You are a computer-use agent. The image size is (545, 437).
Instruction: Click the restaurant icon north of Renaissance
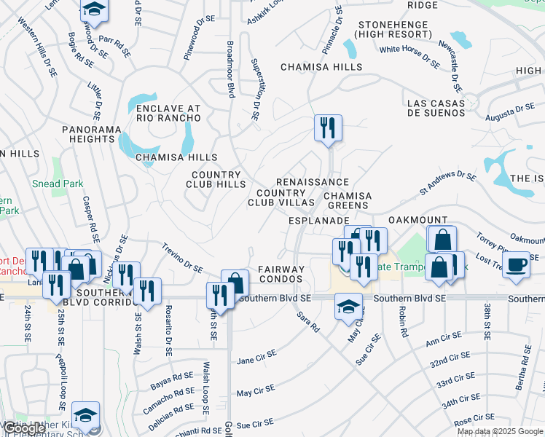point(328,127)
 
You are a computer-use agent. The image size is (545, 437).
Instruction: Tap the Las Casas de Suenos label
point(436,108)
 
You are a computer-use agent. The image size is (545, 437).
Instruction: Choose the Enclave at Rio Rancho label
point(168,113)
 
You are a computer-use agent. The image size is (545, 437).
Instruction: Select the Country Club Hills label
point(216,179)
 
